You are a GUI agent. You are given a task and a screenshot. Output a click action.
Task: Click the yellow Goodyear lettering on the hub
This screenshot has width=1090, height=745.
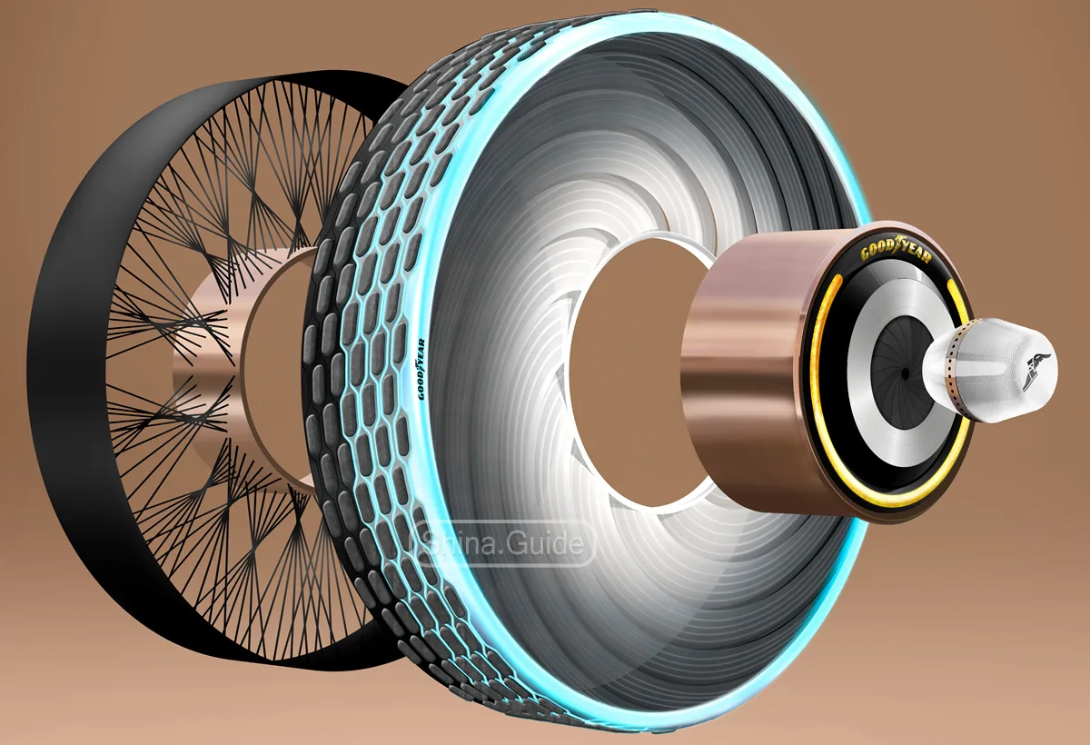click(896, 252)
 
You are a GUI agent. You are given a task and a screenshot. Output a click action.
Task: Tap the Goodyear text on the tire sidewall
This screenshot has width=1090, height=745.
click(421, 370)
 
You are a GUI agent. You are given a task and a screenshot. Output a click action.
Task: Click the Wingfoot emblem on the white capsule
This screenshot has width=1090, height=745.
click(1035, 372)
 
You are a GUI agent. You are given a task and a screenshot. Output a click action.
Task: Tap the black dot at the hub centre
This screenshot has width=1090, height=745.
click(905, 373)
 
